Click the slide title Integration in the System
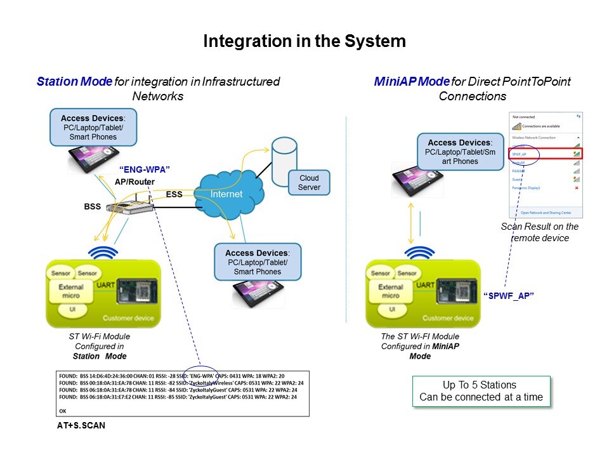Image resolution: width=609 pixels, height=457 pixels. click(304, 42)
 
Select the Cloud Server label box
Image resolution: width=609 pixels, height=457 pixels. click(310, 183)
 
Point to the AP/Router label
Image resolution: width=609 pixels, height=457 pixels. click(134, 182)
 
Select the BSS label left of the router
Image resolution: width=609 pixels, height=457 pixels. click(93, 206)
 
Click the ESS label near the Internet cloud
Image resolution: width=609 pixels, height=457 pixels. click(174, 194)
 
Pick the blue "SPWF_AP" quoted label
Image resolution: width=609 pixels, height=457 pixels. click(507, 296)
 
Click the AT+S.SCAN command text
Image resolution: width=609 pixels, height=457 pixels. click(81, 426)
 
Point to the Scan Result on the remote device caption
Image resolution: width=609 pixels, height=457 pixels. click(539, 232)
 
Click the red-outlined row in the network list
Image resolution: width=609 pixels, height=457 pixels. click(546, 154)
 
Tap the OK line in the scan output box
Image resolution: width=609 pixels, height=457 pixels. click(62, 411)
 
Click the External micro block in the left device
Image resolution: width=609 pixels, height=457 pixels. click(71, 291)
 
